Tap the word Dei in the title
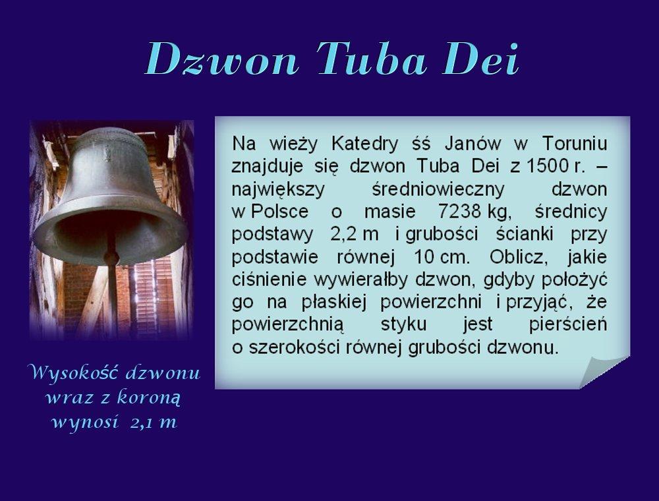pos(481,59)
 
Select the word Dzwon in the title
pos(222,59)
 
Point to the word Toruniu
pos(575,144)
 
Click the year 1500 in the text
pos(547,166)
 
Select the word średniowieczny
pos(438,189)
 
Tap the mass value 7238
pos(459,212)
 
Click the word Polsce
pos(280,212)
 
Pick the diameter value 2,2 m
pos(355,235)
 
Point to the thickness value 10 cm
pos(442,257)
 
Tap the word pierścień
pos(568,324)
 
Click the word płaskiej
pos(334,302)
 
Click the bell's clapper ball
pos(111,257)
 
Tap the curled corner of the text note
pos(603,370)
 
